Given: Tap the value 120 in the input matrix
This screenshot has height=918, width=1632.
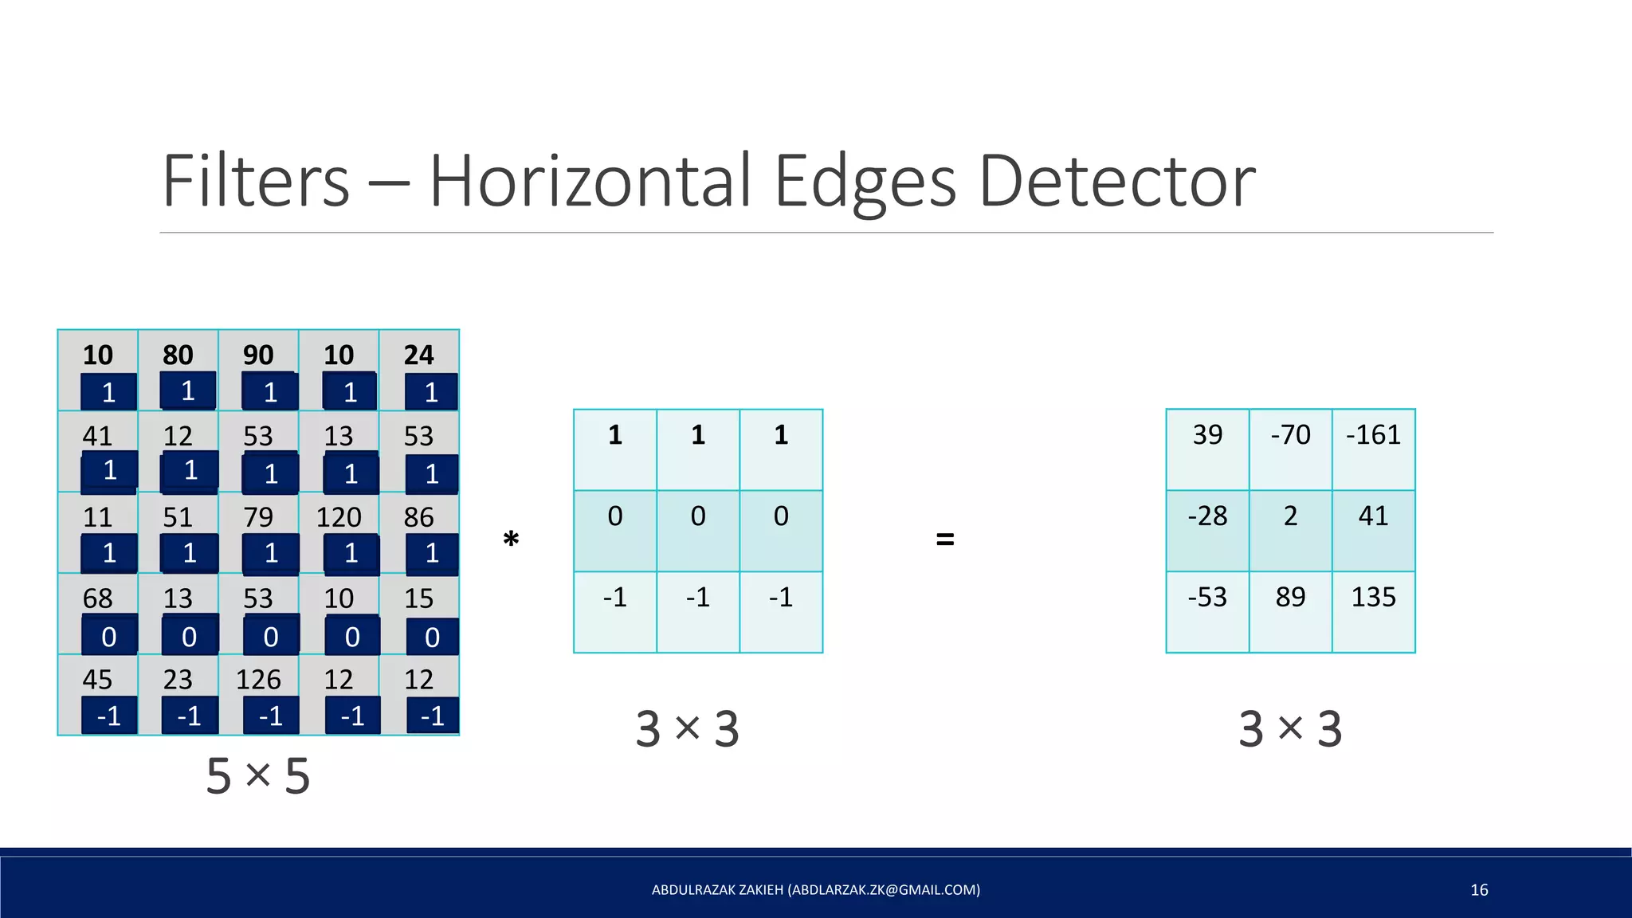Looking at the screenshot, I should click(339, 518).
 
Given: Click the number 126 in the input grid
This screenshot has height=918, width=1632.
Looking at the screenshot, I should click(258, 680).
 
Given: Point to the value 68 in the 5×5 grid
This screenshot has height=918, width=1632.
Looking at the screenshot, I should click(98, 598).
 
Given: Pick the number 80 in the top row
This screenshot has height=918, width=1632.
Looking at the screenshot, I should click(178, 355).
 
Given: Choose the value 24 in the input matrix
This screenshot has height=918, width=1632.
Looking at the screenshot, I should click(419, 355).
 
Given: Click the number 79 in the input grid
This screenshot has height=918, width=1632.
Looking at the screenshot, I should click(258, 518).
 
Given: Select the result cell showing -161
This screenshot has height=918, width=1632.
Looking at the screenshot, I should click(1373, 435).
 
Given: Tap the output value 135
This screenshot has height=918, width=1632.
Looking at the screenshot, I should click(1373, 597).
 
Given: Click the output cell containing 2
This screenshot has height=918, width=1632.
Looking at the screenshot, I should click(1290, 516).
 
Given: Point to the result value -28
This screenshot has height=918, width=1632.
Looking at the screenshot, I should click(1207, 516).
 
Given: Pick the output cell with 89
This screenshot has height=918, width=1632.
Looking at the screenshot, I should click(1290, 597).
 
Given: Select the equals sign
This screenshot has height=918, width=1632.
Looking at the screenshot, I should click(944, 539).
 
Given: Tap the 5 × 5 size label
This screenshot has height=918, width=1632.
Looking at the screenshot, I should click(257, 775).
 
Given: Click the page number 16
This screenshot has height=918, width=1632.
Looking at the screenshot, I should click(1479, 890).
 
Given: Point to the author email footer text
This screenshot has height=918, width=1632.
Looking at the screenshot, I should click(816, 890).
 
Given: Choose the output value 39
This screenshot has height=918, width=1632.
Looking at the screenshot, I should click(1207, 435).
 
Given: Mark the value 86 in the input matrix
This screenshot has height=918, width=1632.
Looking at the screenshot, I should click(419, 518).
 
